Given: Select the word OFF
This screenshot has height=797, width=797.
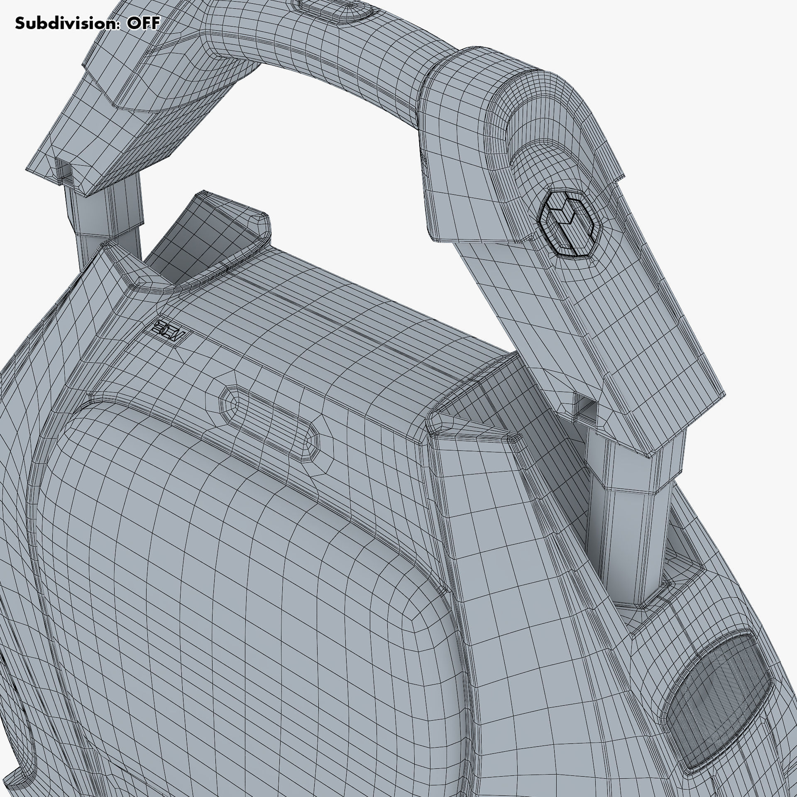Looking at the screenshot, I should [x=143, y=23].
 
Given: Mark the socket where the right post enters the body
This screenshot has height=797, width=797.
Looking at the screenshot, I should [x=648, y=598].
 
